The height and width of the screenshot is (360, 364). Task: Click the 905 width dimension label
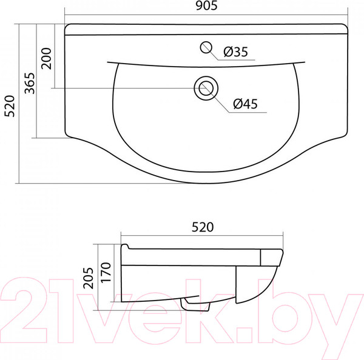[206, 6]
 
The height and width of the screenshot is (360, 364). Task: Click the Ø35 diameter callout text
[236, 52]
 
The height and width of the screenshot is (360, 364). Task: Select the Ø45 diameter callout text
[245, 104]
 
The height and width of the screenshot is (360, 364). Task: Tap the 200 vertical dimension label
[46, 58]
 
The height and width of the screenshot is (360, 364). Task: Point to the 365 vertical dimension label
[30, 83]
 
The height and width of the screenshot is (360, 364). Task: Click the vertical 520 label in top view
[10, 106]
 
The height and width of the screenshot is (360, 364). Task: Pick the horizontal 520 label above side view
[203, 227]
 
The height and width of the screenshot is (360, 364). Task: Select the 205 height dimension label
[89, 278]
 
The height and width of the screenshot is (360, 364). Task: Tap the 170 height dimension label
[106, 272]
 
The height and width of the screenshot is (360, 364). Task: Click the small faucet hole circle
[206, 47]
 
